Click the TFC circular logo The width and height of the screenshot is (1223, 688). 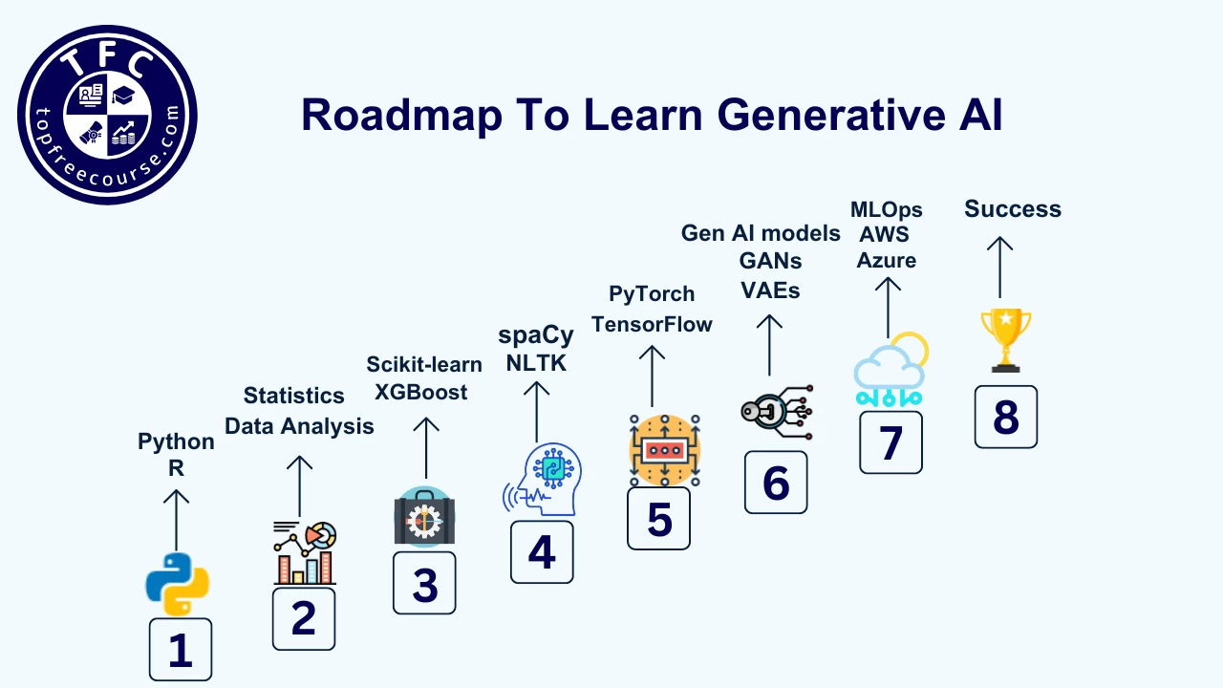point(107,114)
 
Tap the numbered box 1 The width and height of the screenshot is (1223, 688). point(180,649)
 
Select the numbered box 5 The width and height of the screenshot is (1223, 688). point(658,518)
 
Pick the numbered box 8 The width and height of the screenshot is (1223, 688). point(1005,417)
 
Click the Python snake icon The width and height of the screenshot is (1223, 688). point(177,584)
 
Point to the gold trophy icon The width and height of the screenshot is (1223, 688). point(1005,339)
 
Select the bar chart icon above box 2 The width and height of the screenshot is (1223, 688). point(304,553)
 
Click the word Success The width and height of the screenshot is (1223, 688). point(1012,209)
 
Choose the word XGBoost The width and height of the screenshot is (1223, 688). point(420,392)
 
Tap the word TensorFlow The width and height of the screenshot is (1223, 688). point(652,324)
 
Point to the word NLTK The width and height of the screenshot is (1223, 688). point(536,363)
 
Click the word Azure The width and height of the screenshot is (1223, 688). point(886,260)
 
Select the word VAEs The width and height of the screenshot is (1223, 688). point(770,290)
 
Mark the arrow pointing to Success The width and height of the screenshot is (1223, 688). point(999,267)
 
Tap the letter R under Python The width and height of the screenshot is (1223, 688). point(176,468)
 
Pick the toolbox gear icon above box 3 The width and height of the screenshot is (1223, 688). point(424,519)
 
